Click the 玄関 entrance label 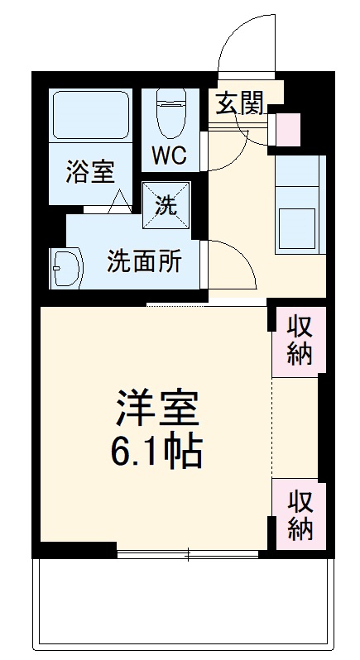pos(239,103)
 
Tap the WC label pos(170,155)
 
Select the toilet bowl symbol pos(170,113)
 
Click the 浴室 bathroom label pos(90,172)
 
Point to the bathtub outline pos(90,115)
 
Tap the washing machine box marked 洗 pos(166,205)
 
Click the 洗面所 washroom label pos(143,261)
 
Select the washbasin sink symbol pos(66,268)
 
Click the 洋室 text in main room pos(158,408)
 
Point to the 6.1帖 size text pos(156,452)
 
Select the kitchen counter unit pos(300,204)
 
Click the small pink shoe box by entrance pos(288,129)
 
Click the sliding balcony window pos(188,554)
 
